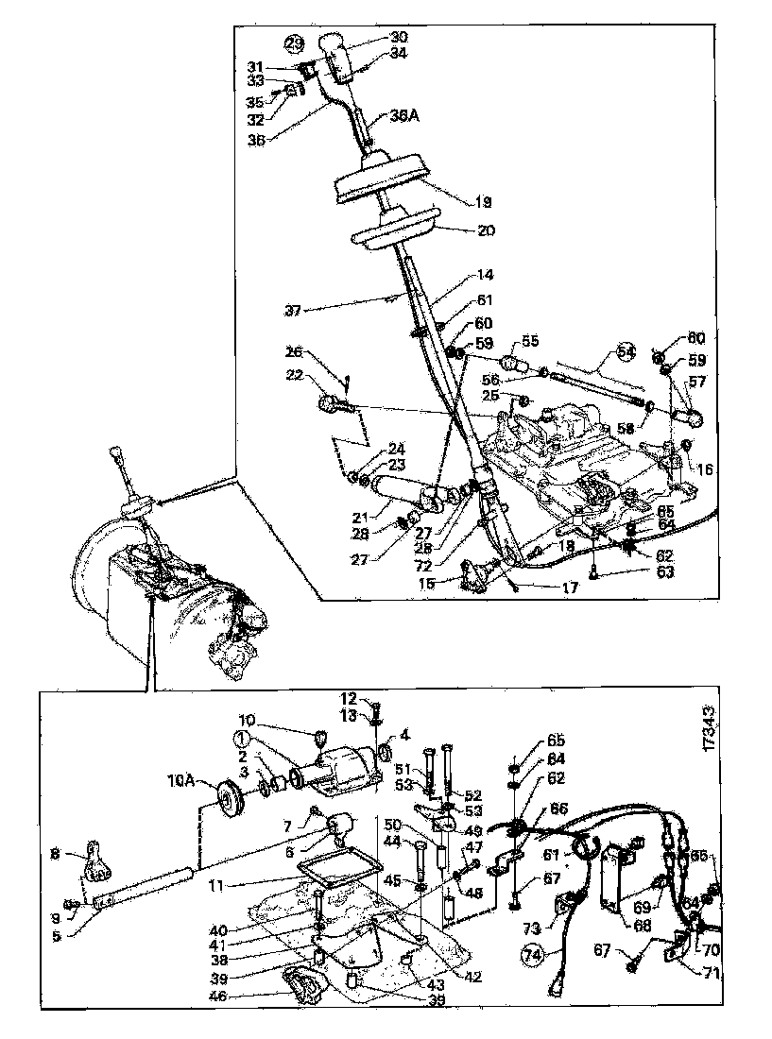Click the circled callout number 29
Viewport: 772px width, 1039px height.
pyautogui.click(x=295, y=43)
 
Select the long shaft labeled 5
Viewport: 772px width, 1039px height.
pyautogui.click(x=146, y=889)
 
